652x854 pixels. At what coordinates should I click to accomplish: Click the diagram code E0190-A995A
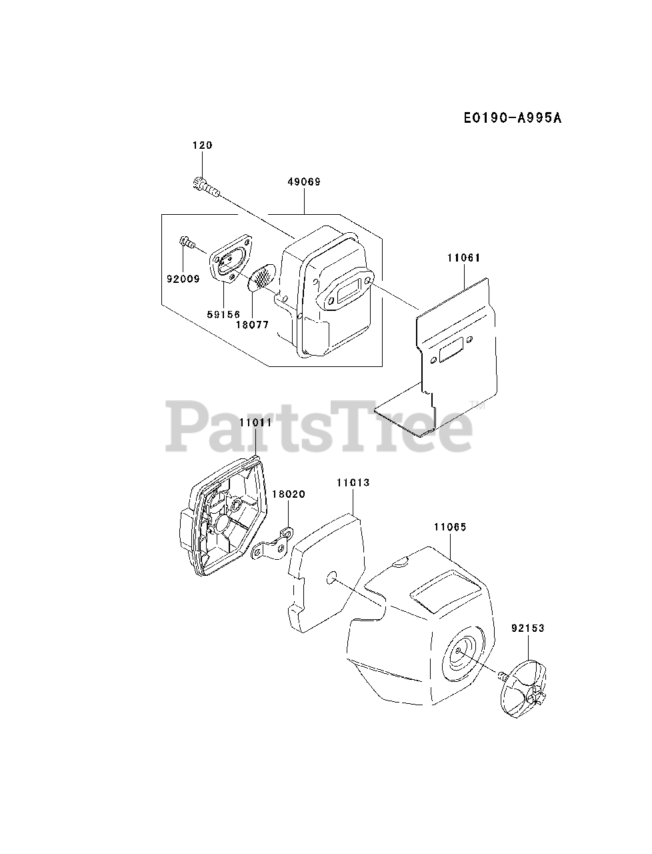tap(513, 118)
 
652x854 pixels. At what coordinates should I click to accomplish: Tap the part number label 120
tap(203, 145)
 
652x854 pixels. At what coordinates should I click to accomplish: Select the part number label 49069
tap(304, 181)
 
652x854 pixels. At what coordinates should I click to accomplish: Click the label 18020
tap(288, 494)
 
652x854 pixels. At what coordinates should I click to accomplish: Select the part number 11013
tap(353, 482)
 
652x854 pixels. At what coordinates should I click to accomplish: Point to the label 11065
tap(450, 527)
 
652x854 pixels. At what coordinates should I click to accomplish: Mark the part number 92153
tap(528, 628)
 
